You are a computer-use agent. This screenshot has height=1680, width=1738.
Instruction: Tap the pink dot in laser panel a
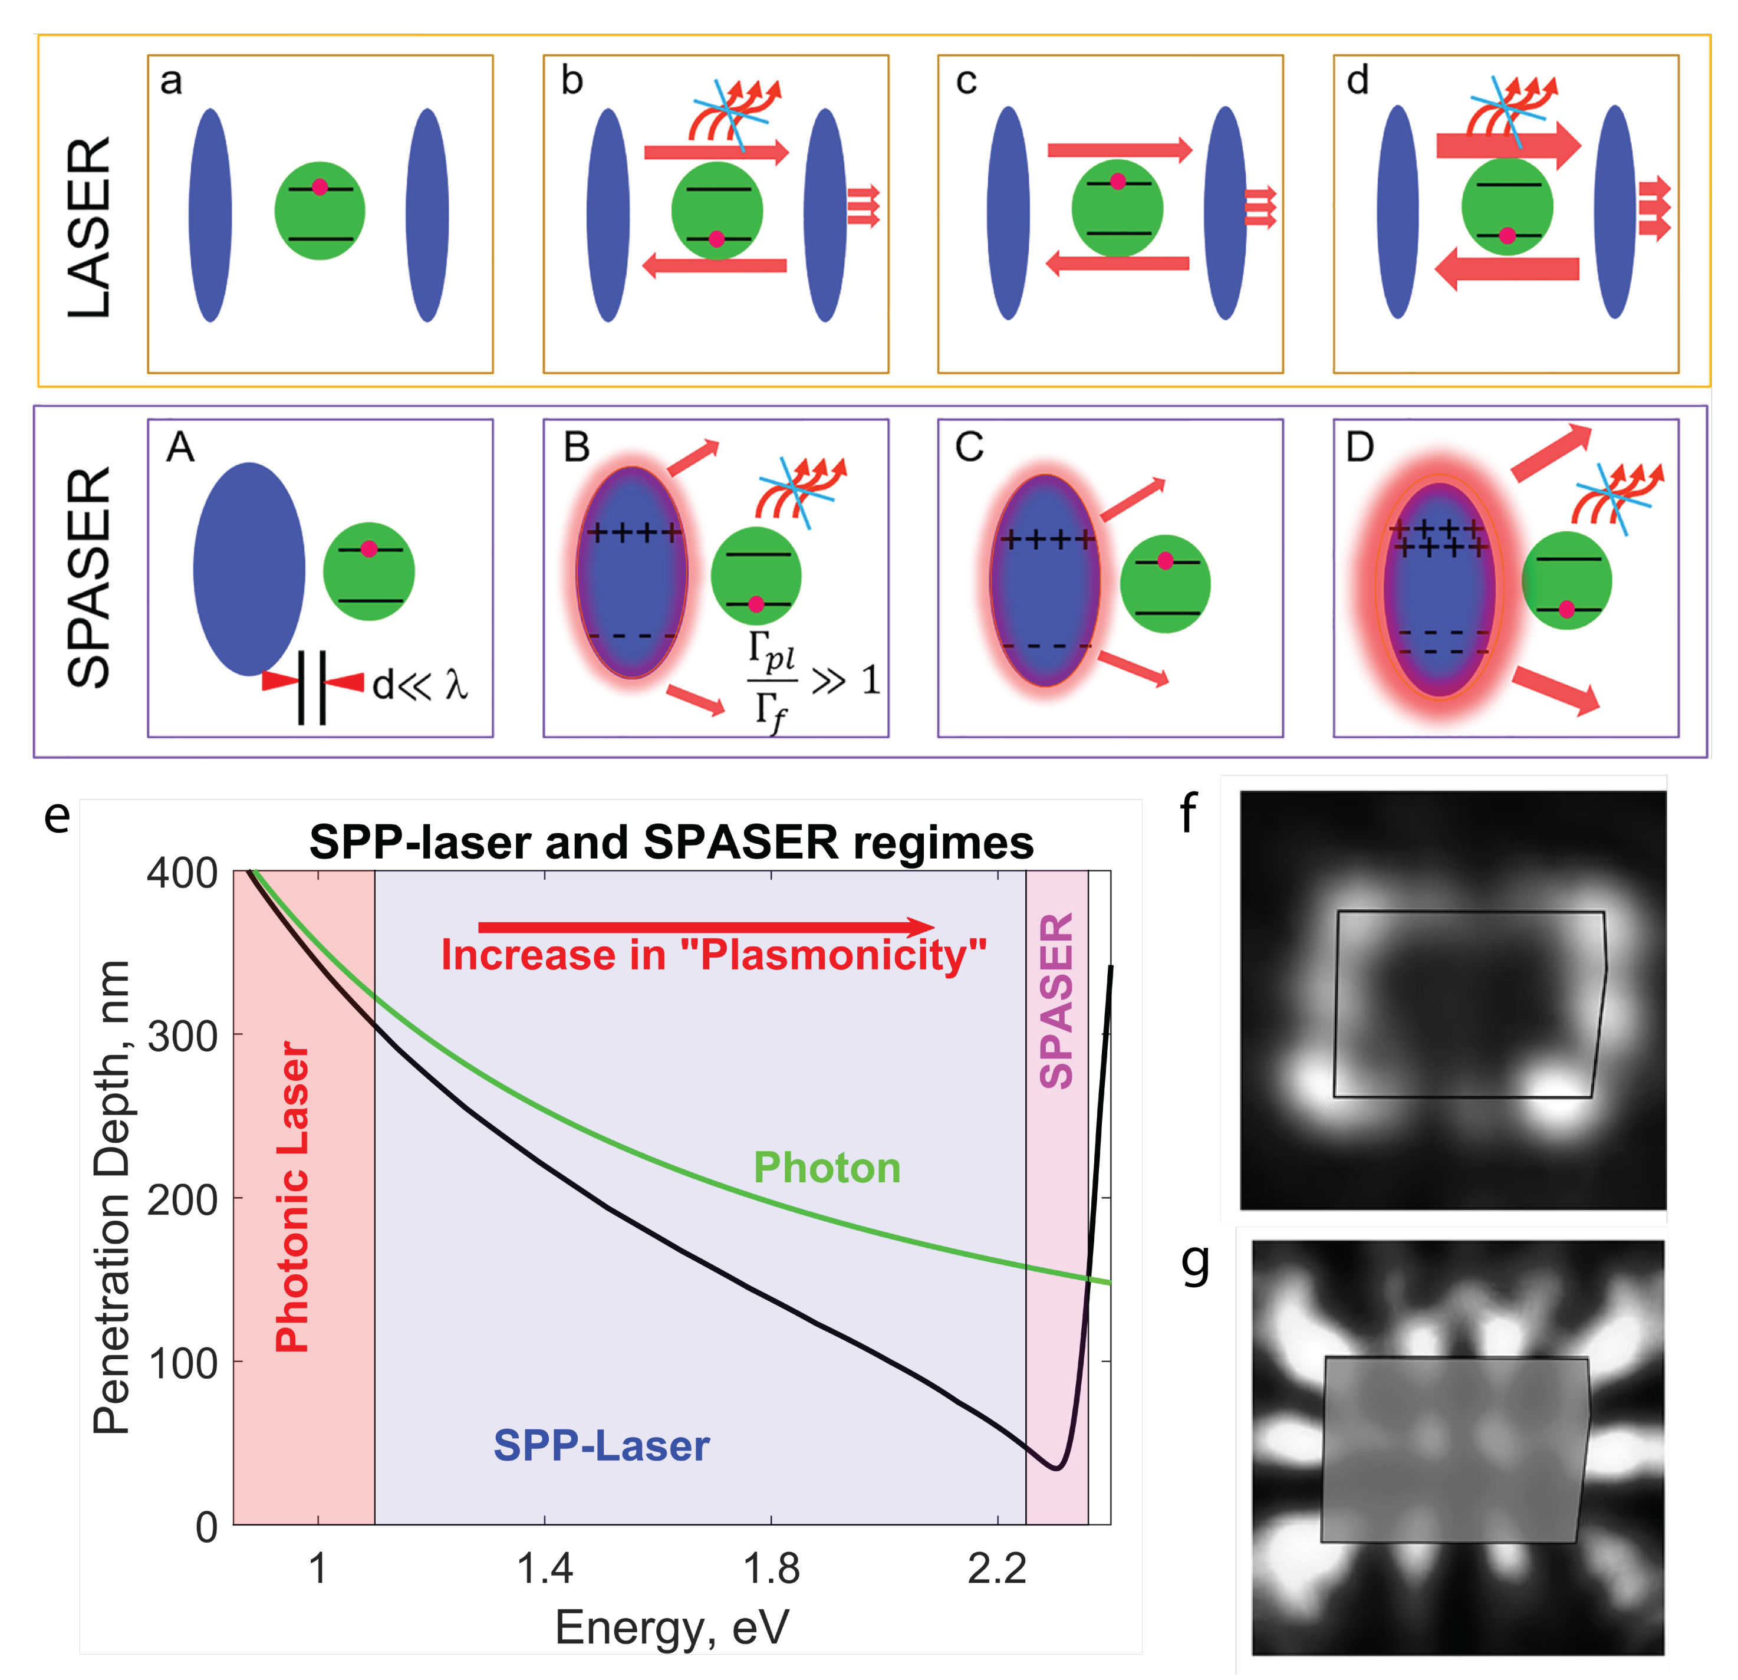[319, 187]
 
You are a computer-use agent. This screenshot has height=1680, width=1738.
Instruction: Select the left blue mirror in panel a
[210, 215]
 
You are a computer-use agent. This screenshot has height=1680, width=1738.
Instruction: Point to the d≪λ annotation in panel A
[419, 685]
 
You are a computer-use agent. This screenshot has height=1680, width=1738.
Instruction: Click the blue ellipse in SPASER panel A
[249, 568]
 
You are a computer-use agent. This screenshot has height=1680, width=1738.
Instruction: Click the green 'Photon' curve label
[827, 1168]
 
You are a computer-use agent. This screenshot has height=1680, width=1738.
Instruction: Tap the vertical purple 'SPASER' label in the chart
[1056, 1001]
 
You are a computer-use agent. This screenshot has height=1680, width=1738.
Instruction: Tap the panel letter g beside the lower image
[1196, 1263]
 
